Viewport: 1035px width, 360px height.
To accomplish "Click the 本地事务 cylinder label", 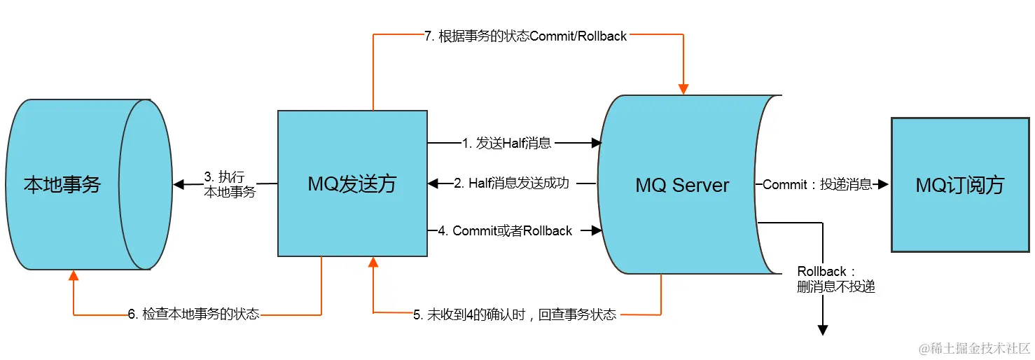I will [62, 185].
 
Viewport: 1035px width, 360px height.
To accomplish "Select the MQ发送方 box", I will [352, 184].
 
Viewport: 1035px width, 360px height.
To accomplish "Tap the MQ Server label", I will [682, 186].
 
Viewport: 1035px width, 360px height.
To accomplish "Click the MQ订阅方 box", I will [959, 185].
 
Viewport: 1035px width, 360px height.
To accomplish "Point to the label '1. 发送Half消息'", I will [506, 143].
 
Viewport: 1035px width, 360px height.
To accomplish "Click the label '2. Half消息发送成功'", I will [511, 184].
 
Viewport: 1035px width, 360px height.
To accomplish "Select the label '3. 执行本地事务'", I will [229, 184].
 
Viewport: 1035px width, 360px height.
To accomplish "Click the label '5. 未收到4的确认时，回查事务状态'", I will [515, 314].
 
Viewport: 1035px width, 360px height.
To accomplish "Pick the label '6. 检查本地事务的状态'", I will [193, 314].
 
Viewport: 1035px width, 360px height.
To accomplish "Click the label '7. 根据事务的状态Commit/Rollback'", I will [525, 36].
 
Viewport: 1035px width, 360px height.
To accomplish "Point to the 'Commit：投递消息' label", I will [817, 185].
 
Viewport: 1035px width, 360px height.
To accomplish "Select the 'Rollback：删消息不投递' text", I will [835, 279].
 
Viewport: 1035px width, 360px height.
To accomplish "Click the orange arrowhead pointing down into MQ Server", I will [683, 89].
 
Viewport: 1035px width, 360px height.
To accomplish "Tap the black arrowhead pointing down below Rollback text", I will [824, 330].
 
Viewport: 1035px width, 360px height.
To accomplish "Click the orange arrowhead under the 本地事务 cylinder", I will [74, 275].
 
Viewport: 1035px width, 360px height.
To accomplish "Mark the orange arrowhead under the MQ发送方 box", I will [373, 263].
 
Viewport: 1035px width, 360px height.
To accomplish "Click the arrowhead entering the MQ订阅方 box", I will [883, 185].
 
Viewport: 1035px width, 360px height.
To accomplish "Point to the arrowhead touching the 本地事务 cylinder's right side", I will [179, 185].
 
